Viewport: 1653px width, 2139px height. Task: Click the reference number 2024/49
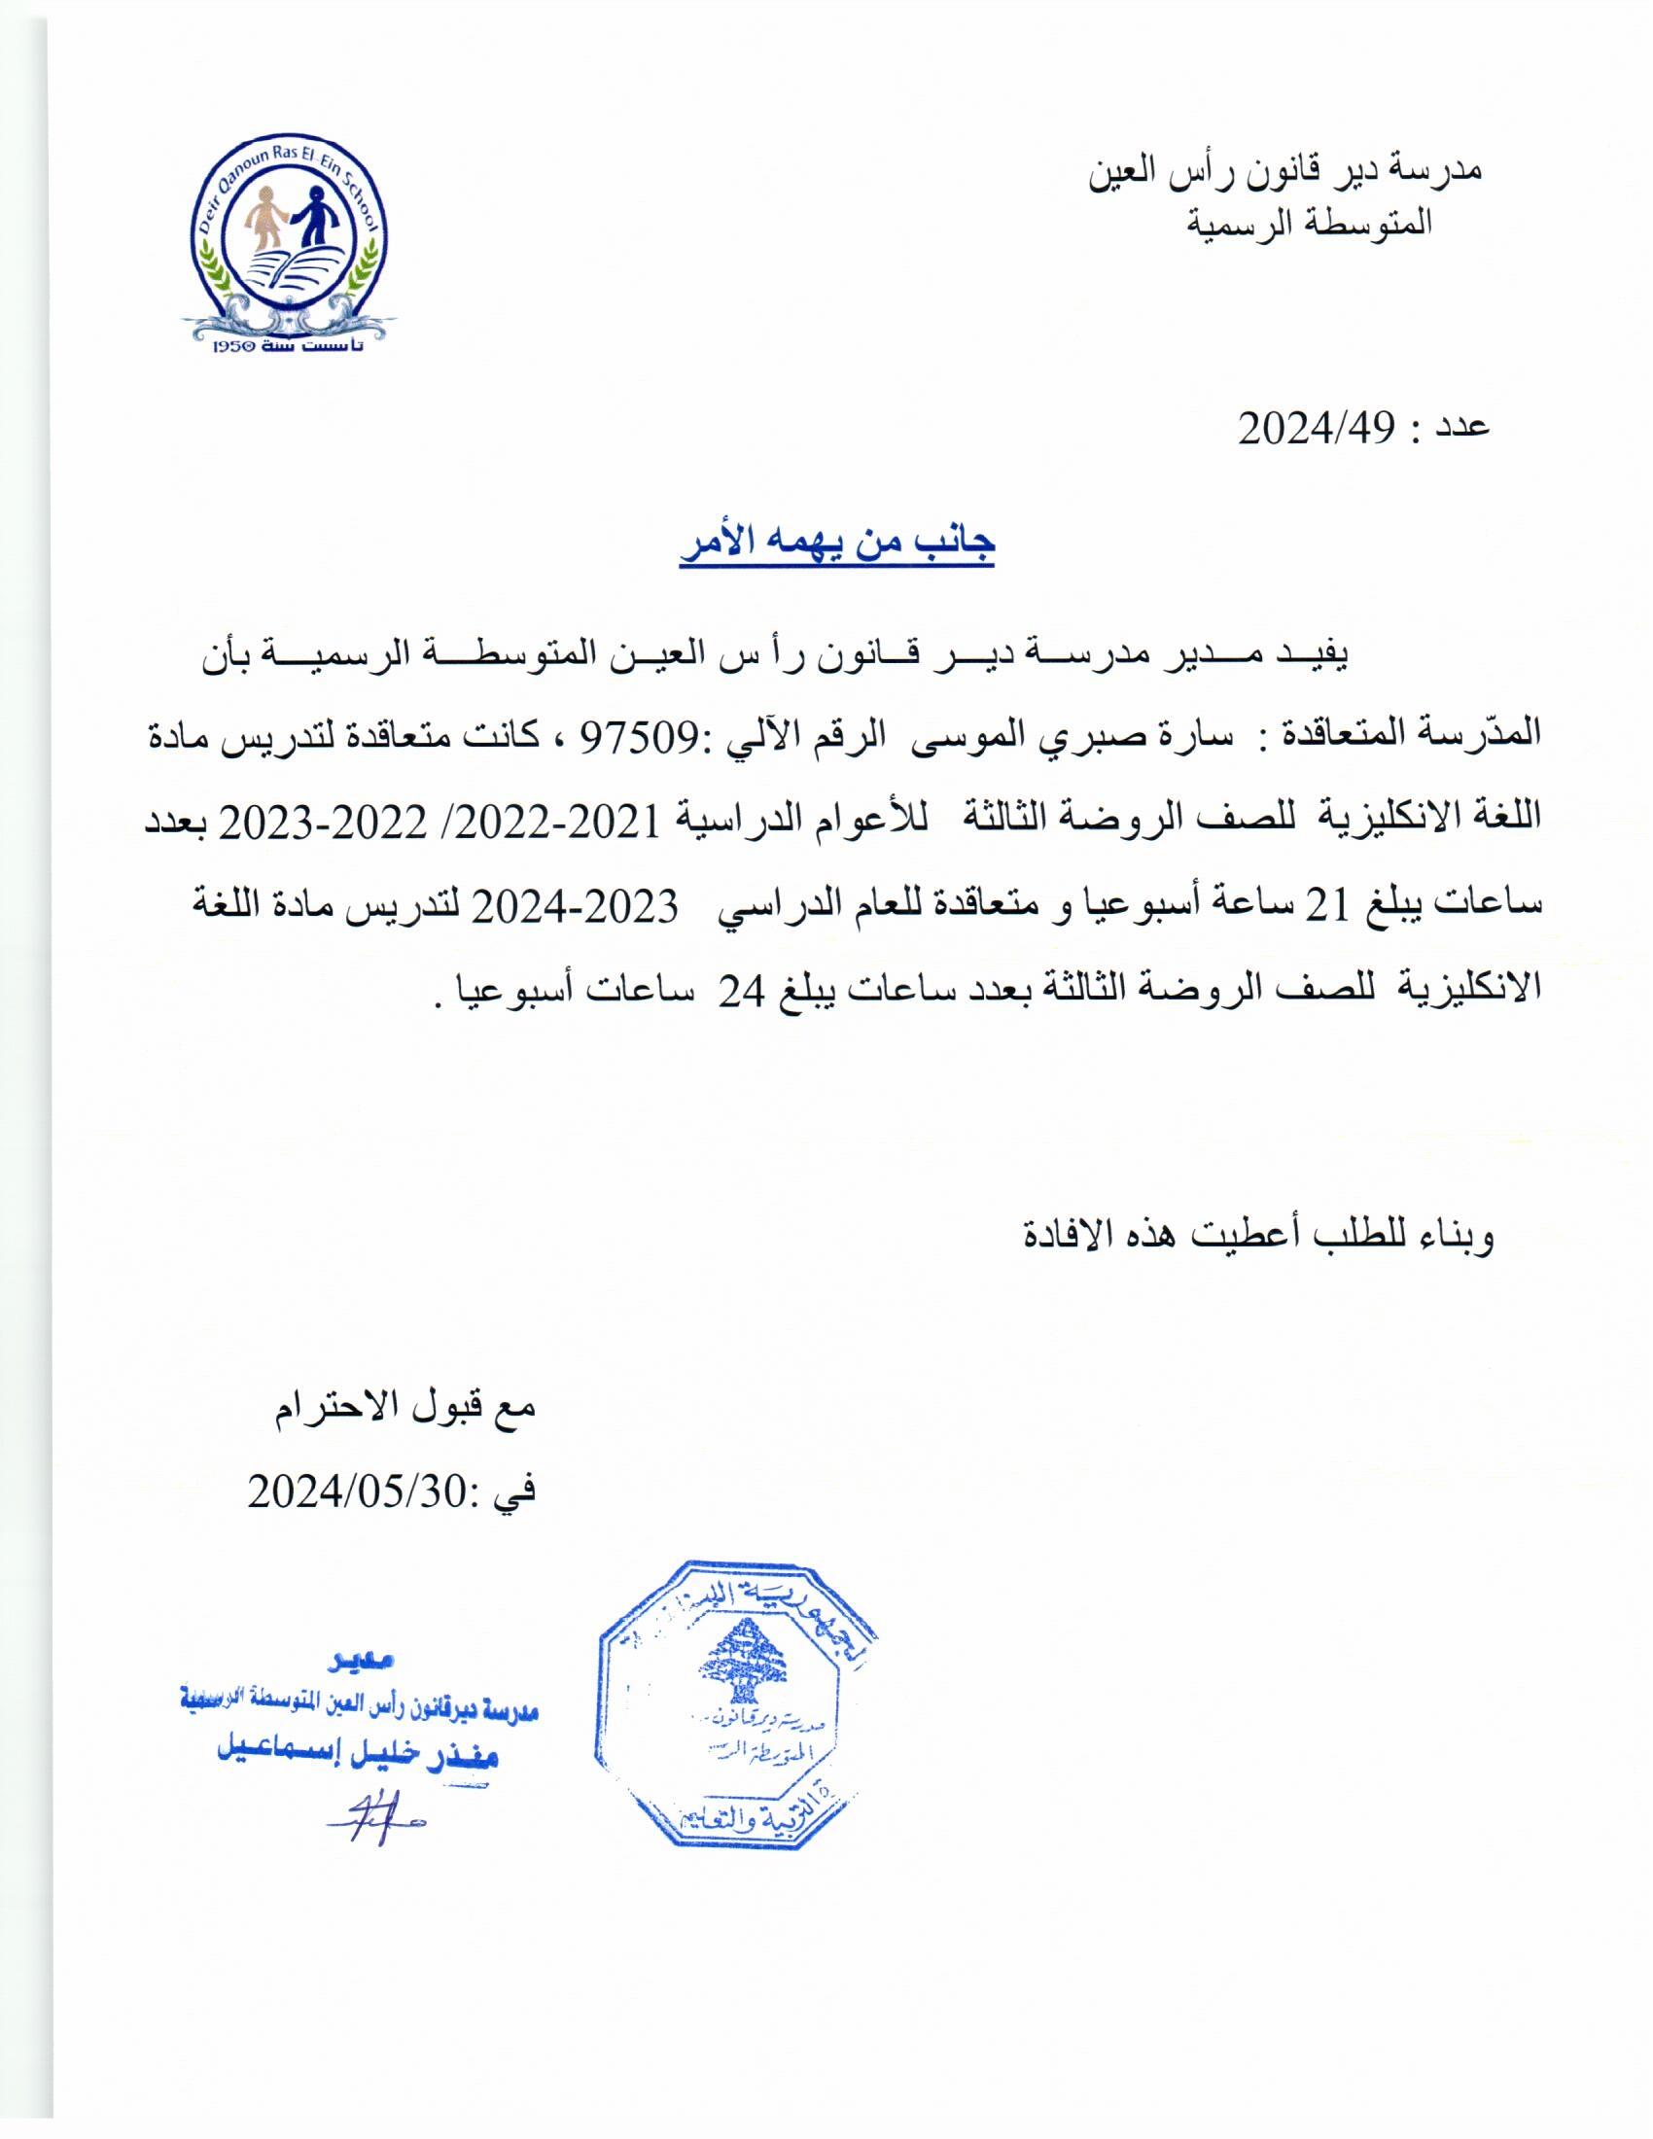1315,428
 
